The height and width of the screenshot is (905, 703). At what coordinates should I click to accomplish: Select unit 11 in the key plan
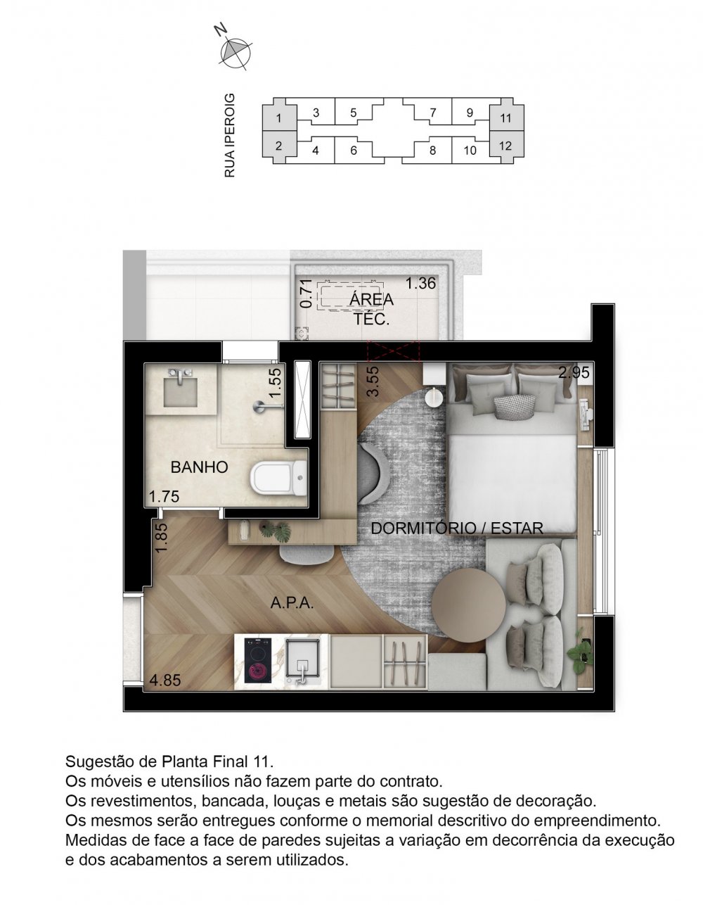click(505, 118)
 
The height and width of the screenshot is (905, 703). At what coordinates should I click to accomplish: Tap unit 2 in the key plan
click(279, 146)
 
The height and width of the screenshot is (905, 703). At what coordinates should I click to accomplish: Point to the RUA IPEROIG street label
click(229, 134)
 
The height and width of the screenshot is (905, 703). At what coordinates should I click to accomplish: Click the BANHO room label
click(199, 467)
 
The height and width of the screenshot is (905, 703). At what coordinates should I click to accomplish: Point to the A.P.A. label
click(292, 603)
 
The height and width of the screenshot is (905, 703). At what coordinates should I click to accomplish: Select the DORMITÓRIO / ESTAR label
click(456, 528)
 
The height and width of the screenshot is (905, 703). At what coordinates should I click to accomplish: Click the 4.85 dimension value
click(164, 681)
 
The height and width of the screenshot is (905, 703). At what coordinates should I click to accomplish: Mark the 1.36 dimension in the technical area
click(422, 284)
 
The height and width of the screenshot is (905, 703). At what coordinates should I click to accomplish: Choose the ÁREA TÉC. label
click(371, 308)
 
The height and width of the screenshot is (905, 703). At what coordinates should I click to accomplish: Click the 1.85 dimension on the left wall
click(162, 541)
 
